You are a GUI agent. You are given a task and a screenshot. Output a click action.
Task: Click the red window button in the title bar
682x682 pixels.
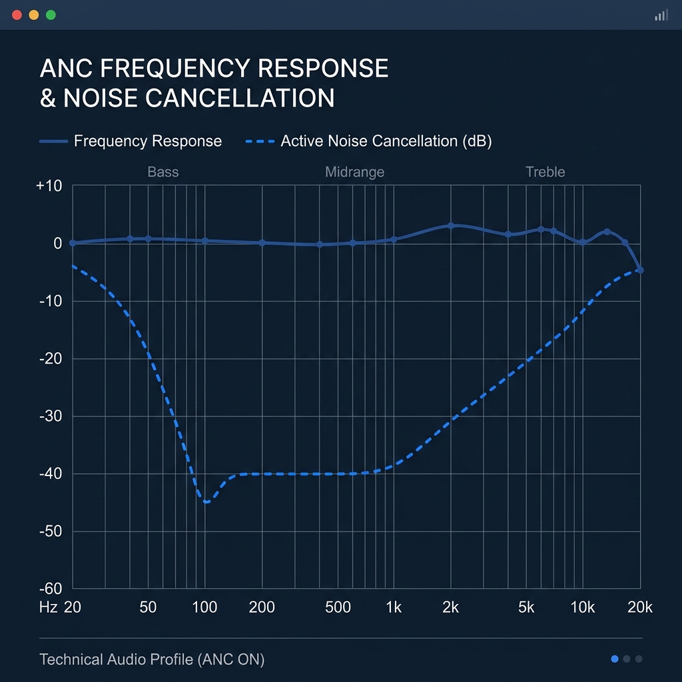pyautogui.click(x=17, y=15)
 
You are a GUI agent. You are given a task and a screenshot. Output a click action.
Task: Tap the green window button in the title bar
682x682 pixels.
pyautogui.click(x=51, y=15)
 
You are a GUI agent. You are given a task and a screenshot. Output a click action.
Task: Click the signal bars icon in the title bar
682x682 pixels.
pyautogui.click(x=661, y=15)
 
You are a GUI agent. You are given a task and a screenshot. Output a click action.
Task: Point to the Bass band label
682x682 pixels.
pyautogui.click(x=163, y=172)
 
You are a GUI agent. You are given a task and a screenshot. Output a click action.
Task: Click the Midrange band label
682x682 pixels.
pyautogui.click(x=354, y=172)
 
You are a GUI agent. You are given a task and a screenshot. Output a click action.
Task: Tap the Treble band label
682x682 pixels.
pyautogui.click(x=545, y=172)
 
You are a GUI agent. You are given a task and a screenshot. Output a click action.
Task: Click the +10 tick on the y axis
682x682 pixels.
pyautogui.click(x=49, y=186)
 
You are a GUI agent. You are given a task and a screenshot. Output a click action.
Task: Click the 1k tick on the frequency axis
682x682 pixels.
pyautogui.click(x=394, y=607)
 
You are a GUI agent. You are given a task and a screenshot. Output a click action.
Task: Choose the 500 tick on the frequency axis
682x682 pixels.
pyautogui.click(x=338, y=607)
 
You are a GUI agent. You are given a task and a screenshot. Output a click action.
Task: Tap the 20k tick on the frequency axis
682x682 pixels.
pyautogui.click(x=639, y=607)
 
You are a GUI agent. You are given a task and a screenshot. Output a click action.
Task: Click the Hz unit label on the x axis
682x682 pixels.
pyautogui.click(x=48, y=607)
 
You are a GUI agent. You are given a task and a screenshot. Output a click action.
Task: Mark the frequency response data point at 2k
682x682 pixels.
pyautogui.click(x=451, y=226)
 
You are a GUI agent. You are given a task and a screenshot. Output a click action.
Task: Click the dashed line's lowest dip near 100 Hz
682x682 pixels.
pyautogui.click(x=206, y=502)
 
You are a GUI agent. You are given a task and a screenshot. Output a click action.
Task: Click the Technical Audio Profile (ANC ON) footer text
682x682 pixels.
pyautogui.click(x=152, y=659)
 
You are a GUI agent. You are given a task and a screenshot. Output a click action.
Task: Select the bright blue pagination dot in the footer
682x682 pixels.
pyautogui.click(x=615, y=659)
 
